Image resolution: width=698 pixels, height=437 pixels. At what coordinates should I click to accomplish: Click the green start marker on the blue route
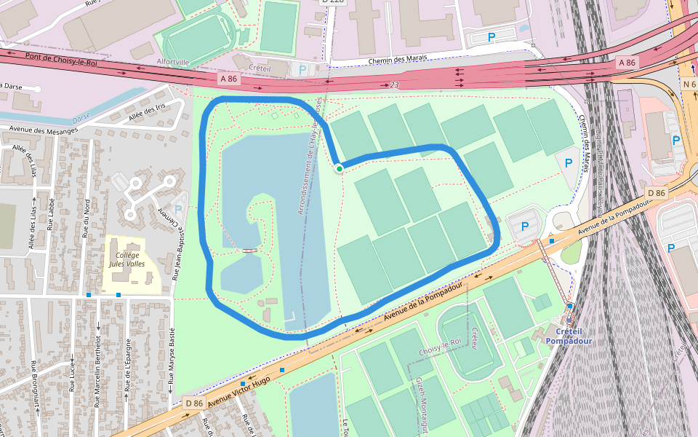pos(340,169)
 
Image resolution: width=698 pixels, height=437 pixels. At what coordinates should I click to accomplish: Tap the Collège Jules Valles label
pos(127,259)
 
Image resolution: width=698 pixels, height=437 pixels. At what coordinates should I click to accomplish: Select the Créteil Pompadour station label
pos(569,336)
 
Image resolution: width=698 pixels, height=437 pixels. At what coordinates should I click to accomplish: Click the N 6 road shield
pos(689,84)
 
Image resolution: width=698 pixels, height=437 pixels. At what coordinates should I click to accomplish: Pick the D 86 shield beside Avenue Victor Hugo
pos(193,403)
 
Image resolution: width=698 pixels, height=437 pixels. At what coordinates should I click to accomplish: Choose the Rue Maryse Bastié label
pos(172,357)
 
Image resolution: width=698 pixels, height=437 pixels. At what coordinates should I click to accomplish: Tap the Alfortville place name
pos(174,63)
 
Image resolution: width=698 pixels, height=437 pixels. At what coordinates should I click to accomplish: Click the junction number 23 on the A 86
pos(394,85)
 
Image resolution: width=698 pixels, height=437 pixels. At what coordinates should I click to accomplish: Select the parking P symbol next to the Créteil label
pos(302,70)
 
